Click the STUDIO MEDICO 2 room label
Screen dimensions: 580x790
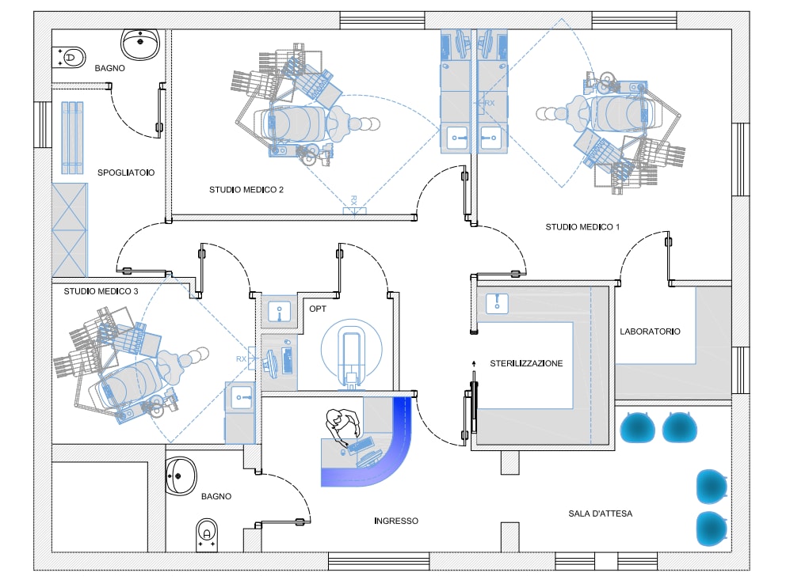pos(246,190)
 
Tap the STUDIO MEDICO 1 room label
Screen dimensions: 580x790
pos(582,227)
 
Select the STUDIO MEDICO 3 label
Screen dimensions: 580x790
pos(101,291)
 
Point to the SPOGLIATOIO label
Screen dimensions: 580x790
pos(126,172)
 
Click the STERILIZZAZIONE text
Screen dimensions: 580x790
pos(526,363)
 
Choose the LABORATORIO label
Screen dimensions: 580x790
pos(650,332)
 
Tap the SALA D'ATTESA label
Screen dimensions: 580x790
pos(600,514)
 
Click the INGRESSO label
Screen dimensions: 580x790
pos(395,521)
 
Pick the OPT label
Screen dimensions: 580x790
pos(318,308)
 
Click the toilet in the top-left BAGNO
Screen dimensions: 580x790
pos(71,57)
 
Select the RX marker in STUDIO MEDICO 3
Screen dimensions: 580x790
pos(242,359)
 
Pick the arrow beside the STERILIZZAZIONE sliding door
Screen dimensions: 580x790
pos(474,364)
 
